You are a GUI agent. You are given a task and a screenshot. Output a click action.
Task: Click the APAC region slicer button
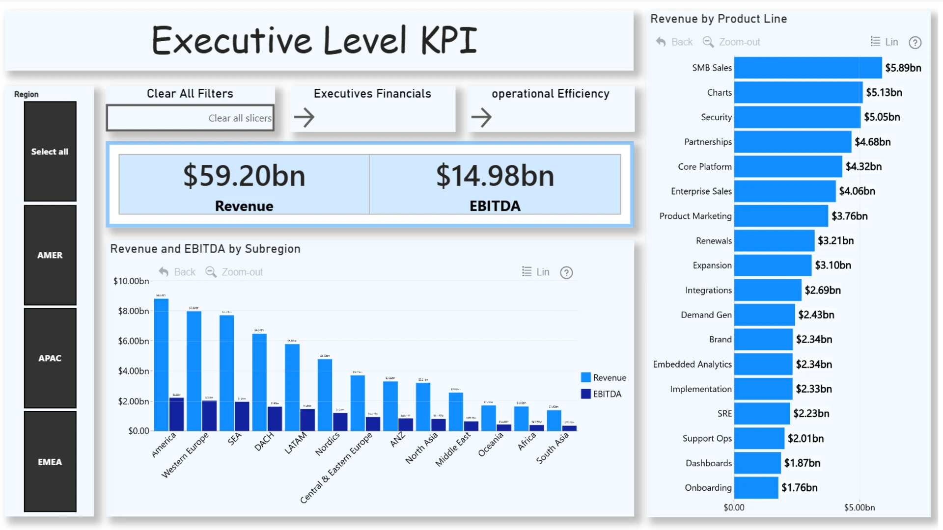point(50,358)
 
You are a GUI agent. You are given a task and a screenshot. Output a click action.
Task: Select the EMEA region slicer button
point(50,462)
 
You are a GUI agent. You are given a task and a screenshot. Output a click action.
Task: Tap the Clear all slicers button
point(190,118)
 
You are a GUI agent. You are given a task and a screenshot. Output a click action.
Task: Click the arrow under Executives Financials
point(304,117)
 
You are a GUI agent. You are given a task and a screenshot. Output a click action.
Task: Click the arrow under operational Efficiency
point(481,117)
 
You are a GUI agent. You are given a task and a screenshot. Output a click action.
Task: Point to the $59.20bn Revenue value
point(244,176)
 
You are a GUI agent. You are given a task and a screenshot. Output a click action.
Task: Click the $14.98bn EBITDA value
point(495,176)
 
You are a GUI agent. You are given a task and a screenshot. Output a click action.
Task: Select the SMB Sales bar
point(807,68)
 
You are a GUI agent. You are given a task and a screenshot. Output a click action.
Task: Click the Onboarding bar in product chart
point(756,488)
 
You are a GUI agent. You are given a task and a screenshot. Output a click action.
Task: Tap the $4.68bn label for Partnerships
point(872,142)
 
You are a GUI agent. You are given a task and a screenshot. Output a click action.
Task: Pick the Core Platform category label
point(705,167)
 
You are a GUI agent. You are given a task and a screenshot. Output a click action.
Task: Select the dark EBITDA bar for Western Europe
point(209,416)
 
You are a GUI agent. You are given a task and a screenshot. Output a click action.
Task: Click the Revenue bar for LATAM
point(292,387)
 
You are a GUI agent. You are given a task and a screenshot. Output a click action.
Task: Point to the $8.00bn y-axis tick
point(133,311)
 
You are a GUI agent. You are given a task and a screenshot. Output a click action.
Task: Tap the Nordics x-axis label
point(327,444)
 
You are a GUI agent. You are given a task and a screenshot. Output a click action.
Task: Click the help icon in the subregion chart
point(566,272)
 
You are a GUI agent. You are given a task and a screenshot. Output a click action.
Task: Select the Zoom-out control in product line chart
point(731,42)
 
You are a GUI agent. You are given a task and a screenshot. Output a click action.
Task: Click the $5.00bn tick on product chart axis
point(859,507)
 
